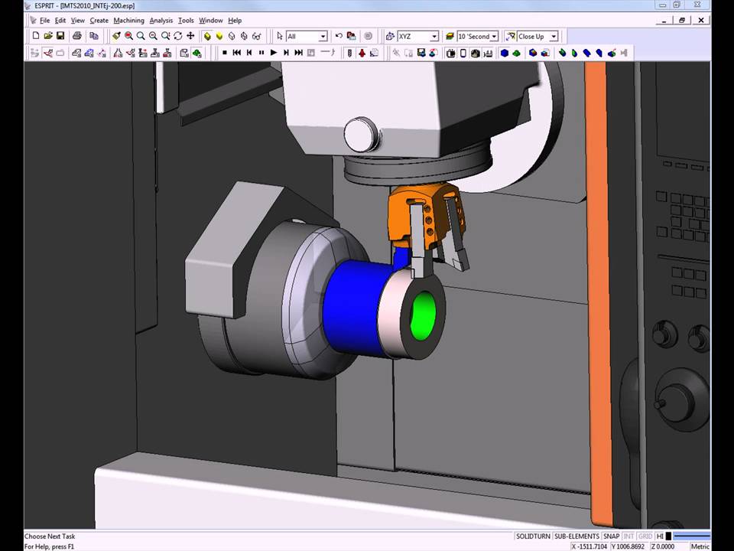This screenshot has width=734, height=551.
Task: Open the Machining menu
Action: tap(128, 21)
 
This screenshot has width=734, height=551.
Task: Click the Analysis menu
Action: tap(161, 21)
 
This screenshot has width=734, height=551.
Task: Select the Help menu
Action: tap(235, 21)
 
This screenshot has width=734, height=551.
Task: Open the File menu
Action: tap(44, 21)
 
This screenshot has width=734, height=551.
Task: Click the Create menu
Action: tap(99, 21)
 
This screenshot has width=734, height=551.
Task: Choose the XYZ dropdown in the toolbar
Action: tap(417, 36)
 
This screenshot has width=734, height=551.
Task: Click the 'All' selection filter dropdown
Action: tap(307, 36)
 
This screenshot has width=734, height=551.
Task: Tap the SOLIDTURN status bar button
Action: tap(533, 536)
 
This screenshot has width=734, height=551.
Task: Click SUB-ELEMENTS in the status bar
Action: tap(576, 536)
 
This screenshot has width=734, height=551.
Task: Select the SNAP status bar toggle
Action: tap(611, 536)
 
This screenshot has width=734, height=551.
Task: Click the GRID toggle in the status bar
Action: tap(645, 536)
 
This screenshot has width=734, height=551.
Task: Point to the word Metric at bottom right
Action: tap(700, 546)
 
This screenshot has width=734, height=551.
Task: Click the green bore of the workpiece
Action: tap(422, 318)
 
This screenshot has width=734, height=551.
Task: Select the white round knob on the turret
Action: tap(362, 135)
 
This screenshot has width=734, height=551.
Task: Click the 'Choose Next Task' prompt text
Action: tap(50, 536)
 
